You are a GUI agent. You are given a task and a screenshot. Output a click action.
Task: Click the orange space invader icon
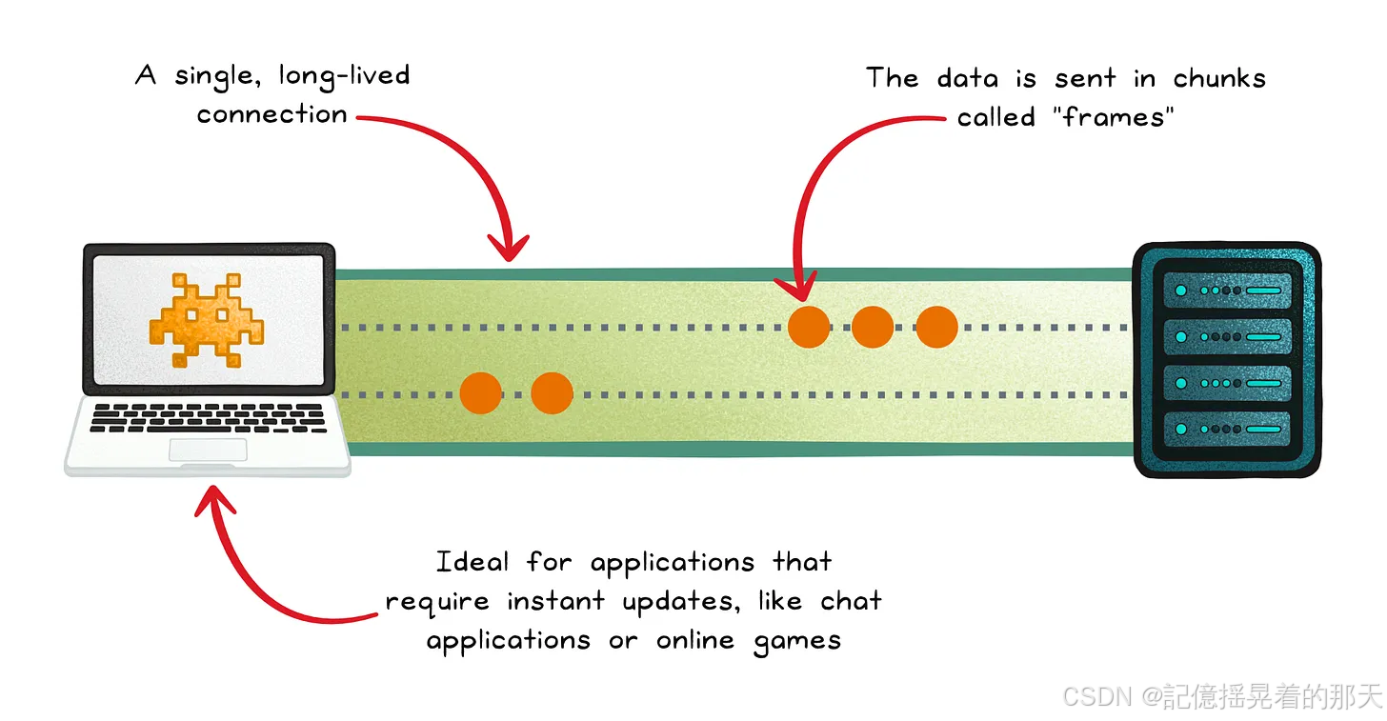[x=207, y=319]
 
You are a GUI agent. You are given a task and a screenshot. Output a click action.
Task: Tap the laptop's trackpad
[x=208, y=450]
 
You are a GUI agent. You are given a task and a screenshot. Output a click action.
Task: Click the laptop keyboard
[x=208, y=417]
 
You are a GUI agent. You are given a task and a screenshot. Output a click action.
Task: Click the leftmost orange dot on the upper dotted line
[x=809, y=327]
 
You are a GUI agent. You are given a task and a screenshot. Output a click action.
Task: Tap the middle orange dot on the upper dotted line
[x=872, y=327]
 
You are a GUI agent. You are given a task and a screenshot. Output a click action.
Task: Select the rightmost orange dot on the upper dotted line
[x=935, y=327]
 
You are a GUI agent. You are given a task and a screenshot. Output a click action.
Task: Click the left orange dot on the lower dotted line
[x=480, y=392]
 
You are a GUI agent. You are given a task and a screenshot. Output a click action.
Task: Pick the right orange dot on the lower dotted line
[x=552, y=392]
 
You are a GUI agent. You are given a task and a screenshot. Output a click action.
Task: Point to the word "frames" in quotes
[x=1116, y=117]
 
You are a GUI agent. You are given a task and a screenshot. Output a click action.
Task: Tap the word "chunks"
[x=1219, y=78]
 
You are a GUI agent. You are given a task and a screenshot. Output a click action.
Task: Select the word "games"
[x=796, y=641]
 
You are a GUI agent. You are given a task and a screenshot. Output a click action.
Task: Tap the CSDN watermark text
[x=1221, y=696]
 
